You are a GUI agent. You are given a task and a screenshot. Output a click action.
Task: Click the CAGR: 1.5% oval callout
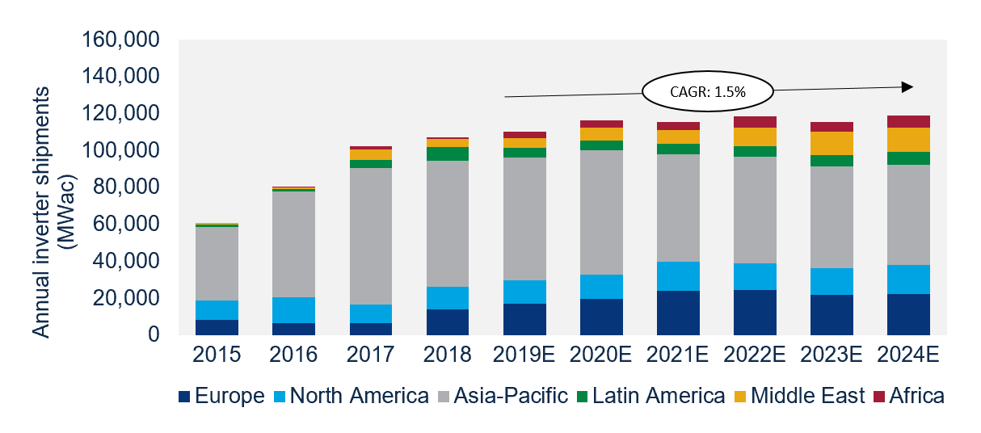point(707,91)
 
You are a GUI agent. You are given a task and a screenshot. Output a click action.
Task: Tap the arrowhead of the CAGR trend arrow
point(907,86)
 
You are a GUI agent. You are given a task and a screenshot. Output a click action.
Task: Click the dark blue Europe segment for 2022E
point(754,312)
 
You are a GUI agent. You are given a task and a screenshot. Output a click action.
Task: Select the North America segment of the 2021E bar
point(677,276)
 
